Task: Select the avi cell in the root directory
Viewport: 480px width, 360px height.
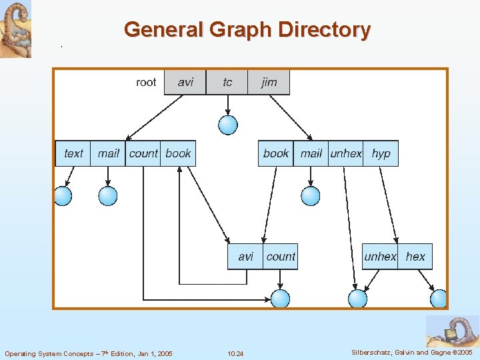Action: [185, 82]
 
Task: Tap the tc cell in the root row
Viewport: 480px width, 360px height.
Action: [227, 82]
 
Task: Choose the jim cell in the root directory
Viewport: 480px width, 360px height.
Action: [269, 82]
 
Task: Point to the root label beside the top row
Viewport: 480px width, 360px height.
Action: [146, 82]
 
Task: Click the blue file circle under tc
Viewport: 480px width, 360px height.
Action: [228, 125]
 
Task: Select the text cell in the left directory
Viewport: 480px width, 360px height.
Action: [73, 153]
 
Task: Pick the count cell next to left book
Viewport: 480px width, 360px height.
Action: [143, 153]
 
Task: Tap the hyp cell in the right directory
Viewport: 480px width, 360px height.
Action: [381, 153]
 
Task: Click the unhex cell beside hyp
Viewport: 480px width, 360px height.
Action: [346, 153]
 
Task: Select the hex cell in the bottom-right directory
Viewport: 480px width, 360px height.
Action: [415, 257]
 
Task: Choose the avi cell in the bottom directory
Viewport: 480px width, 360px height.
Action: [245, 257]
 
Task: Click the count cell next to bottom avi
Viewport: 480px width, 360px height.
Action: [280, 257]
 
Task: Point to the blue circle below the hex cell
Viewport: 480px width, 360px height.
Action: [439, 299]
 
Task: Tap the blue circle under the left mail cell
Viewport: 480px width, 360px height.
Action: [108, 196]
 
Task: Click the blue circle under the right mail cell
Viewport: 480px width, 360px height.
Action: [311, 196]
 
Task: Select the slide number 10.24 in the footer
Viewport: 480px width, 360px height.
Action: [235, 353]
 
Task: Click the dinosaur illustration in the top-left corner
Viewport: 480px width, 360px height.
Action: [15, 29]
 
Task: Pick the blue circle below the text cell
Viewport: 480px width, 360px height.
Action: [63, 196]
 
